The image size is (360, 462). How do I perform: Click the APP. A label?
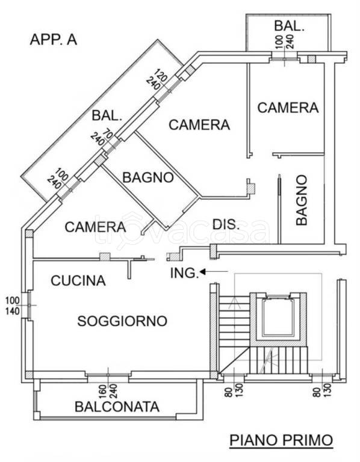click(x=54, y=40)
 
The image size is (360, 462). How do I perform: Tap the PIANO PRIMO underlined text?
click(x=282, y=440)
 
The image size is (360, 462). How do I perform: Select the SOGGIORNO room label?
click(x=122, y=321)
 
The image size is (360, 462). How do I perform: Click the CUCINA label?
click(x=78, y=280)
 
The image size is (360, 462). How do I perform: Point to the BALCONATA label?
click(x=117, y=407)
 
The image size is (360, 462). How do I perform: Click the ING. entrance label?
click(x=184, y=273)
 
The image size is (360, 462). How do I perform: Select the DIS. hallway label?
click(x=226, y=225)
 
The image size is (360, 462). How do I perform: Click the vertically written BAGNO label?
click(x=302, y=200)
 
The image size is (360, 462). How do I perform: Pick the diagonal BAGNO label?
click(x=148, y=177)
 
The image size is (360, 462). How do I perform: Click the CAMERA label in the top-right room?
click(x=288, y=108)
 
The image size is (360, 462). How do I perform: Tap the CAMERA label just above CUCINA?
click(x=95, y=227)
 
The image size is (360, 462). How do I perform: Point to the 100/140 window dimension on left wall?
click(x=13, y=306)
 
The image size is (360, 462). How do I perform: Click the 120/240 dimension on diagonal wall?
click(x=160, y=79)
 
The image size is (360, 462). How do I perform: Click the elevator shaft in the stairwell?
click(x=278, y=318)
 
